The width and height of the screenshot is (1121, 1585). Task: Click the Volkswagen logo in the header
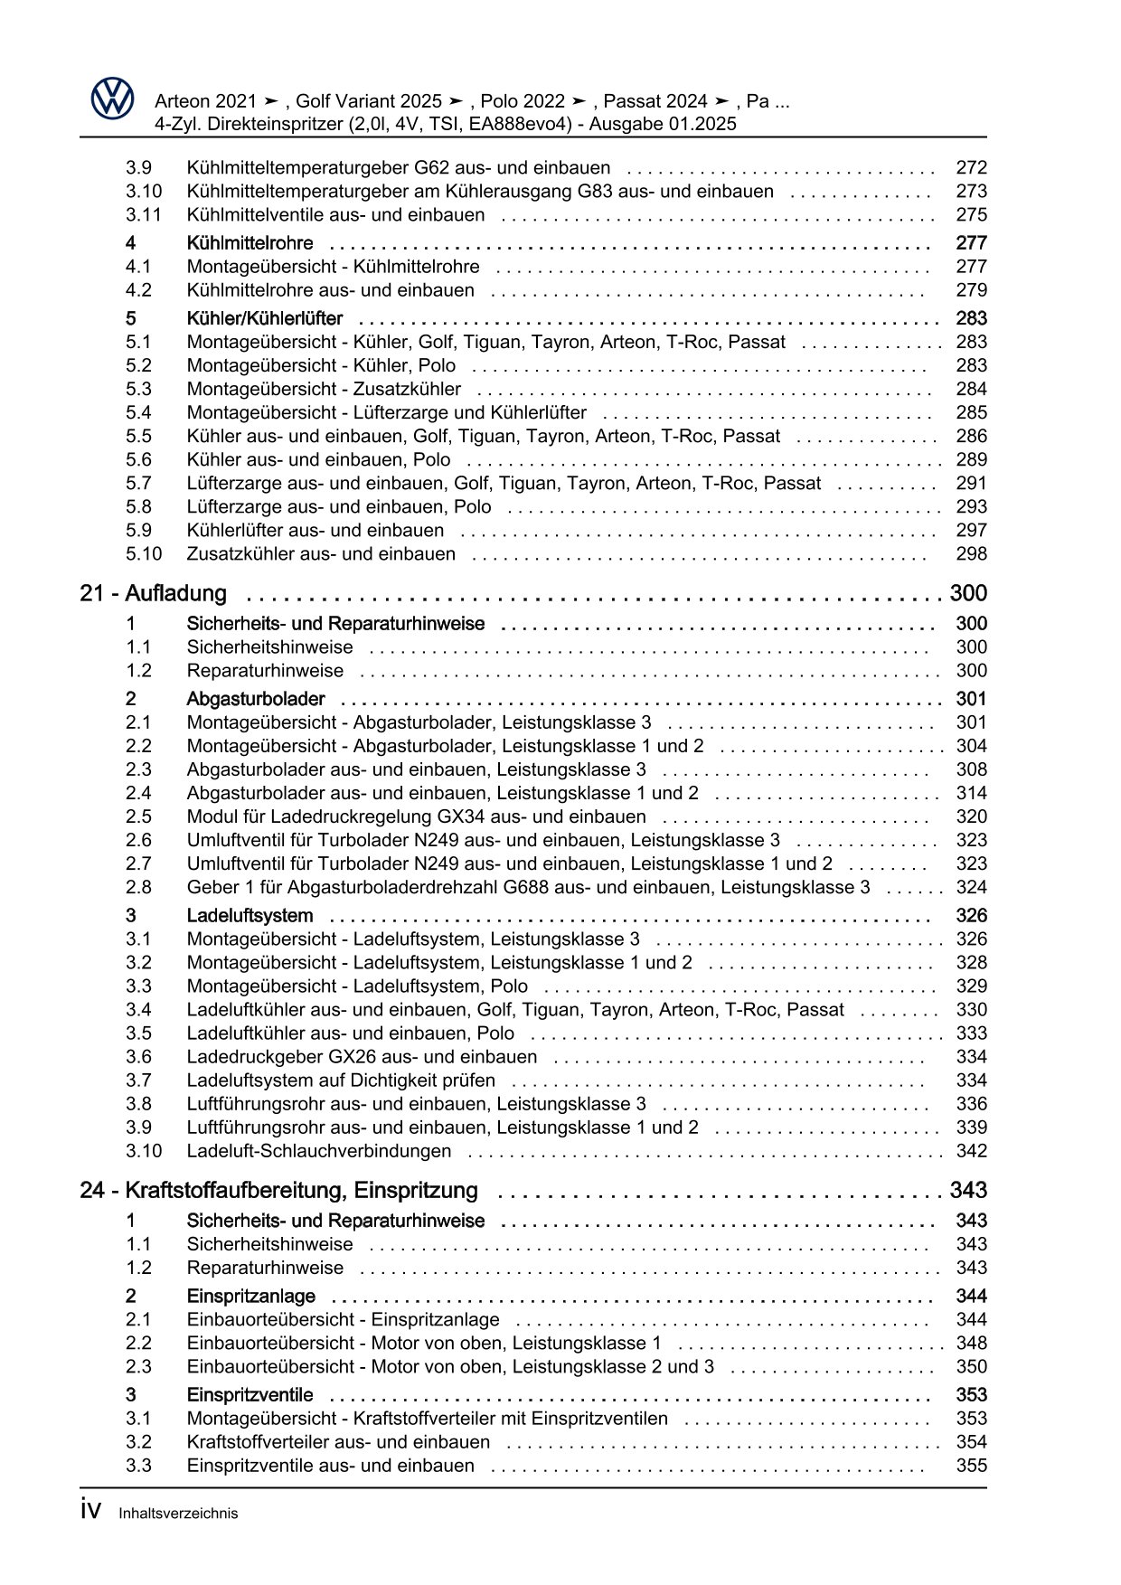[112, 98]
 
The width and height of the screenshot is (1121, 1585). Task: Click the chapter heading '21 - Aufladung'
[153, 594]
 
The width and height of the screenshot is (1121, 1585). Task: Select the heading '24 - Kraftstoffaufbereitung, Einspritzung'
[278, 1191]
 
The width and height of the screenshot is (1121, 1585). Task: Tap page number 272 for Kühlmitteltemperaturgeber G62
[971, 168]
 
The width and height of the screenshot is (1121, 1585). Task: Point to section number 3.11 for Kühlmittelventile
[143, 215]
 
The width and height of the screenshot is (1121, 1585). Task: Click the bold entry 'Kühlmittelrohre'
[250, 243]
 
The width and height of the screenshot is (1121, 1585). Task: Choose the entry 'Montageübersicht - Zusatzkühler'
[324, 390]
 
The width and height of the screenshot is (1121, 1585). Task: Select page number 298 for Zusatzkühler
[971, 554]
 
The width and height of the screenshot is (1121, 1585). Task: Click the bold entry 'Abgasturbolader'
[256, 699]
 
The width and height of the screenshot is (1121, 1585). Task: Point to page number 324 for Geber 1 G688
[971, 888]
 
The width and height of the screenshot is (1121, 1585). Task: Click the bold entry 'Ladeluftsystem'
[250, 916]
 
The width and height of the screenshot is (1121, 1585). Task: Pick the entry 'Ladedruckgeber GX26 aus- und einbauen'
[362, 1057]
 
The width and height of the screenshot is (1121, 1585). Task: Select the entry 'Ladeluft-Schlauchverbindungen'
[318, 1151]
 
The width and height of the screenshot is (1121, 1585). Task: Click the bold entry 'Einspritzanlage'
[250, 1297]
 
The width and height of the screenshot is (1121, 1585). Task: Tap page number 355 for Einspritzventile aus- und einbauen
[971, 1466]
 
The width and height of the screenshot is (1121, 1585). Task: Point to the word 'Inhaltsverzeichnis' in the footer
[178, 1514]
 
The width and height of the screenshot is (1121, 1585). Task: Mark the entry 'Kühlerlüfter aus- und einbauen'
[315, 531]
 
